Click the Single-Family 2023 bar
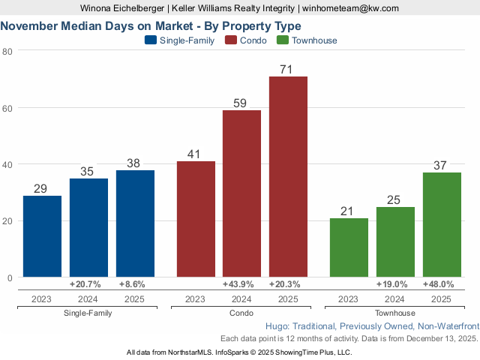(x=42, y=236)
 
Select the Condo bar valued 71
(x=288, y=177)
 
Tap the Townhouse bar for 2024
(x=394, y=241)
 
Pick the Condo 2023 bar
(x=196, y=219)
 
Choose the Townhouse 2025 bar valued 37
(x=442, y=224)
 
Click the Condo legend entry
(x=247, y=40)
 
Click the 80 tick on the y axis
(x=7, y=51)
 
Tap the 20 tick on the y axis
(x=7, y=221)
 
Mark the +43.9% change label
(x=241, y=285)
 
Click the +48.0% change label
(x=442, y=285)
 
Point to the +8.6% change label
(x=135, y=285)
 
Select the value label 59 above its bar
(x=241, y=103)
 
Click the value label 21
(x=348, y=211)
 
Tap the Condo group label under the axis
(x=241, y=313)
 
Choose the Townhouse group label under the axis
(x=394, y=313)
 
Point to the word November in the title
(x=31, y=25)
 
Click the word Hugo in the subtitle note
(x=278, y=327)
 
